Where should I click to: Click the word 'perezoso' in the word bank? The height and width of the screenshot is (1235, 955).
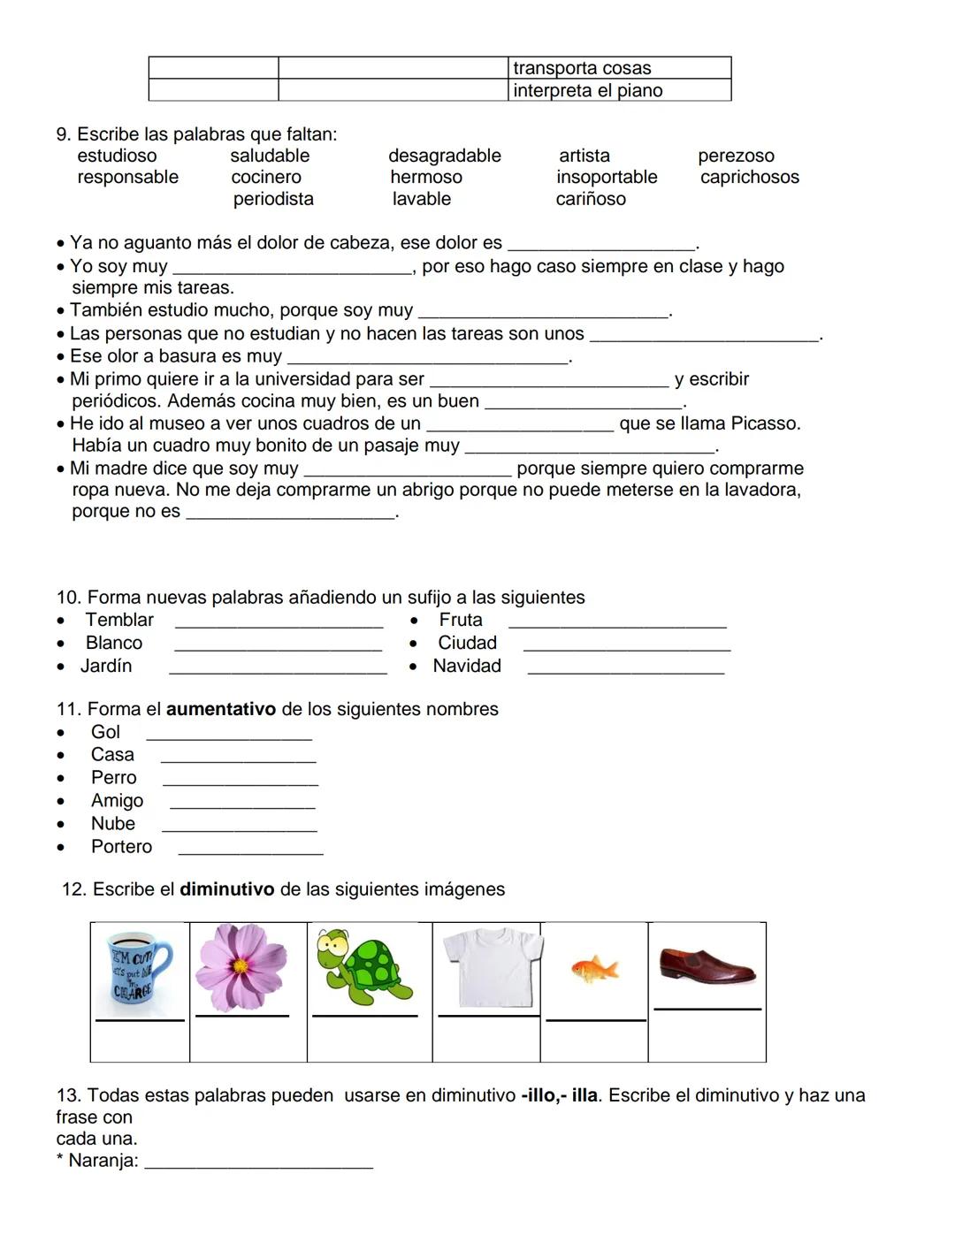pos(736,156)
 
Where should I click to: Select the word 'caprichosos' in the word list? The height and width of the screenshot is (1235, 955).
pos(750,178)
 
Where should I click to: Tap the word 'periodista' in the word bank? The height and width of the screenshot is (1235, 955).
pos(273,200)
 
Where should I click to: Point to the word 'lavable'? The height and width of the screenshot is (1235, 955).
pos(422,200)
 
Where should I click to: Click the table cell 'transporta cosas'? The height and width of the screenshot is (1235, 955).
pos(620,68)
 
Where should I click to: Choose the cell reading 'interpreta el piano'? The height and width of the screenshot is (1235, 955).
pos(620,90)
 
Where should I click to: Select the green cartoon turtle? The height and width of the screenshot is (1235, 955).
pos(365,967)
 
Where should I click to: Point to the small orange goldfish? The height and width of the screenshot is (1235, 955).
pos(593,969)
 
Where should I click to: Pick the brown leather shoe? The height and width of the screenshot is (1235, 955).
pos(707,965)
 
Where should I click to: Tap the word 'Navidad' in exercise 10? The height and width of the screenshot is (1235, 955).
pos(467,667)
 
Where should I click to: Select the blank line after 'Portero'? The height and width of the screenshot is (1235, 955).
pos(251,852)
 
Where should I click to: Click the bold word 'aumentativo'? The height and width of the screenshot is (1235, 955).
pos(221,710)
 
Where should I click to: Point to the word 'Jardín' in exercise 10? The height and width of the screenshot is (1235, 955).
pos(106,667)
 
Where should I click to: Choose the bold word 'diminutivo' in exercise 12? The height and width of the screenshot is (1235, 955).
pos(227,890)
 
